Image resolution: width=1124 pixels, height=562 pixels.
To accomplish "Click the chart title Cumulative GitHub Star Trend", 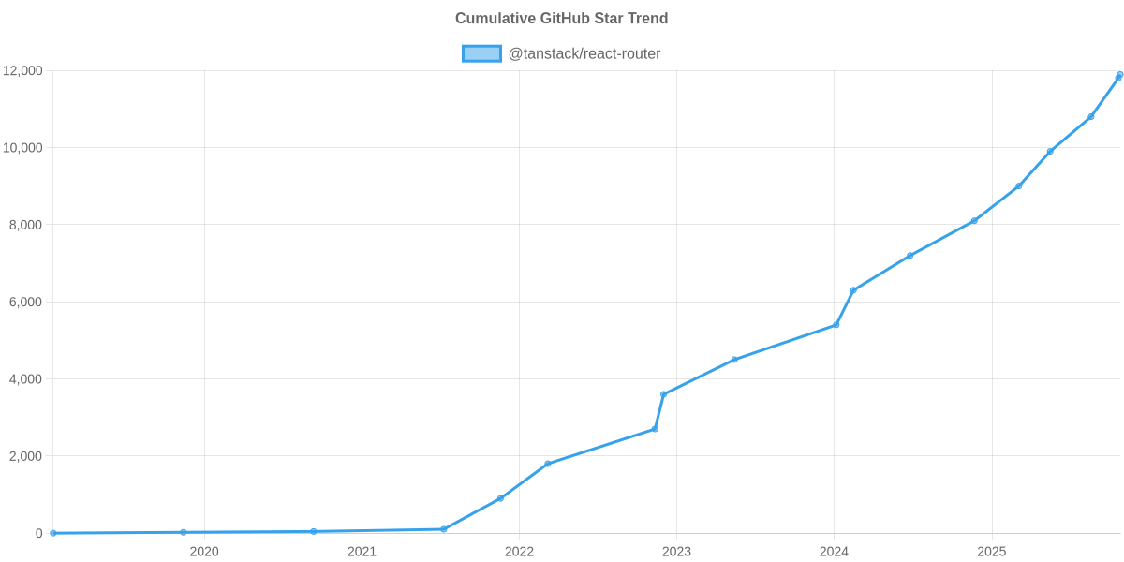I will (x=561, y=19).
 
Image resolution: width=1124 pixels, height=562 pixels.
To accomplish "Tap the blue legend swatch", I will (x=481, y=54).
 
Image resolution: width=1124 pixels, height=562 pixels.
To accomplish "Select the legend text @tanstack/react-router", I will (x=584, y=54).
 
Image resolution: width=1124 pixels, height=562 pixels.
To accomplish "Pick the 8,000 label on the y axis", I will (x=25, y=225).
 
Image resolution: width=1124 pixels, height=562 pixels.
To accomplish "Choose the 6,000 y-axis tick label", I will (x=25, y=303).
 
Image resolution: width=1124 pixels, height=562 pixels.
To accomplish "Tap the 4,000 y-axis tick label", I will (x=25, y=379).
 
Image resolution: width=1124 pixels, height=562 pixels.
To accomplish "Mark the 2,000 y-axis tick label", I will (x=25, y=456).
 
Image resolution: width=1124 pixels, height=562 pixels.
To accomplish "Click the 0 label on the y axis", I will (x=39, y=533).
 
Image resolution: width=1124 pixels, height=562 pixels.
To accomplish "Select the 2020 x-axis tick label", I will (x=204, y=552).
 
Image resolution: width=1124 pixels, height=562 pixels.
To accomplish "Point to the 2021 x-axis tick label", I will (x=362, y=552).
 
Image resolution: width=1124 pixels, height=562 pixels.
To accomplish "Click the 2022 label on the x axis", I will (x=519, y=552).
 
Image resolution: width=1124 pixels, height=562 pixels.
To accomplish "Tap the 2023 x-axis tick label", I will (x=676, y=552).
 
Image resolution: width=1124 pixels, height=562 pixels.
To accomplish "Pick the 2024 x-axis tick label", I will (x=834, y=552).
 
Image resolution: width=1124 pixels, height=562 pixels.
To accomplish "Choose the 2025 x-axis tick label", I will (x=991, y=552).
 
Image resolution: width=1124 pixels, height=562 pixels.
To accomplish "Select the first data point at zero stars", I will (x=53, y=533).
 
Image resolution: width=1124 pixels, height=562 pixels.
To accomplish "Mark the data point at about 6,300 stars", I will (x=853, y=290).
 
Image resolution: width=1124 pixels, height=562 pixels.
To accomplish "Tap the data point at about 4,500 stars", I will (x=734, y=360).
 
